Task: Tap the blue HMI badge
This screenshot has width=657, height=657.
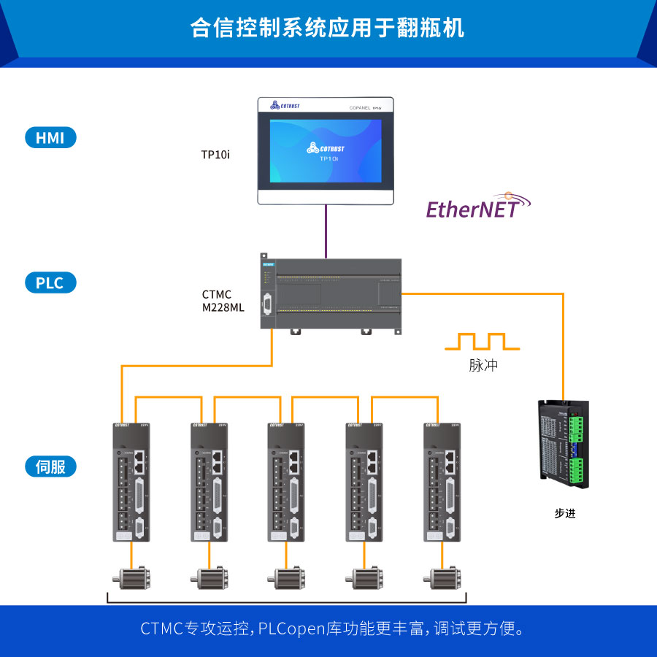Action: click(x=50, y=137)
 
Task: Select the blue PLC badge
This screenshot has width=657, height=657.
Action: click(x=50, y=283)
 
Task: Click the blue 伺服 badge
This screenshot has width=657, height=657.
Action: click(x=50, y=466)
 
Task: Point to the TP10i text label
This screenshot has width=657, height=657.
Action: click(x=215, y=155)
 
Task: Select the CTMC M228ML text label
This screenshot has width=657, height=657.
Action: click(x=223, y=301)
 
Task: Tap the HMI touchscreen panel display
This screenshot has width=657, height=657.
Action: click(x=326, y=151)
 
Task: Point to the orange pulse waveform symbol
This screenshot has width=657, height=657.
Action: click(x=483, y=342)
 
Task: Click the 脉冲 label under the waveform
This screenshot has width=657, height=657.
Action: click(x=483, y=366)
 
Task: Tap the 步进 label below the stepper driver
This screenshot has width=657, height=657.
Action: click(x=565, y=513)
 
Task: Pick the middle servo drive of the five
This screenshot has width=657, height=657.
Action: click(x=288, y=482)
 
